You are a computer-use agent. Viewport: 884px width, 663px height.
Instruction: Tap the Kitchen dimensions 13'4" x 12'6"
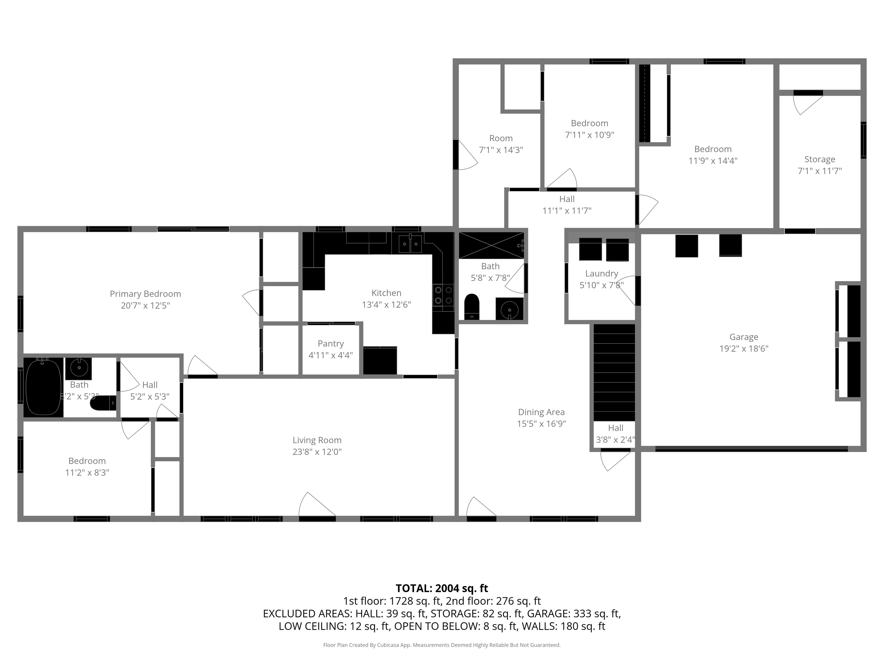click(386, 304)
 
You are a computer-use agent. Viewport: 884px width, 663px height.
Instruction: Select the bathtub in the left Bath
click(43, 387)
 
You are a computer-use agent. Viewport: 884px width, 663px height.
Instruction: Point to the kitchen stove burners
click(443, 295)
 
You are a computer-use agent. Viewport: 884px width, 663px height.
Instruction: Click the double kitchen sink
click(410, 244)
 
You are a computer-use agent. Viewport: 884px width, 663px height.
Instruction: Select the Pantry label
click(331, 343)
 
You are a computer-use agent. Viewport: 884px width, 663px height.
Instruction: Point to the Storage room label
click(819, 159)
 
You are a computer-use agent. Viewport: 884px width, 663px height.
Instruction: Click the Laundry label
click(601, 273)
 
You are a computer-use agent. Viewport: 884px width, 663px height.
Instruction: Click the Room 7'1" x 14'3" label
click(501, 138)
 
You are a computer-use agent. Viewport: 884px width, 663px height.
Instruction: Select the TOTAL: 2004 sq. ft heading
click(442, 588)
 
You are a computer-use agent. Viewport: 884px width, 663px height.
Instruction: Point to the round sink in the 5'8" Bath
click(510, 309)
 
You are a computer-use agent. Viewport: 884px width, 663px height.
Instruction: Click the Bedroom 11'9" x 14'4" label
click(712, 149)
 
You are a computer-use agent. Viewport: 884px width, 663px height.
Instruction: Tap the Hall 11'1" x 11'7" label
click(567, 199)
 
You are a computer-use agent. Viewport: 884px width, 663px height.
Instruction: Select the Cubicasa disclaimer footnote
click(442, 645)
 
